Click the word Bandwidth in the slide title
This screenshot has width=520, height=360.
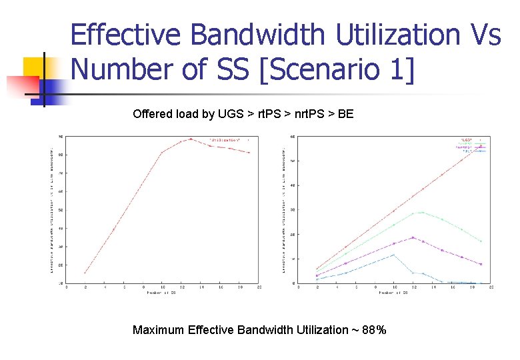tap(270, 35)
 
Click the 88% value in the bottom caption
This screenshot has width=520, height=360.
tap(373, 330)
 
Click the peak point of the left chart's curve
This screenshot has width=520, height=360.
tap(191, 139)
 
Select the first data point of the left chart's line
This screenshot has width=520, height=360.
tap(85, 273)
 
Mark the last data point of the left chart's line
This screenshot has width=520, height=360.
tap(249, 153)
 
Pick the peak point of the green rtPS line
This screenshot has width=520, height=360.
tap(422, 213)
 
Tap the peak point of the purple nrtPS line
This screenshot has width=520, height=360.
tap(413, 237)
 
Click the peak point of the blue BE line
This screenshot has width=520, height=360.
tap(394, 255)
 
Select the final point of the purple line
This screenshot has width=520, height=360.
tap(481, 264)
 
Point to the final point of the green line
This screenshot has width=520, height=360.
tap(481, 241)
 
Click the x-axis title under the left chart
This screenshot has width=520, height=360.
tap(162, 292)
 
